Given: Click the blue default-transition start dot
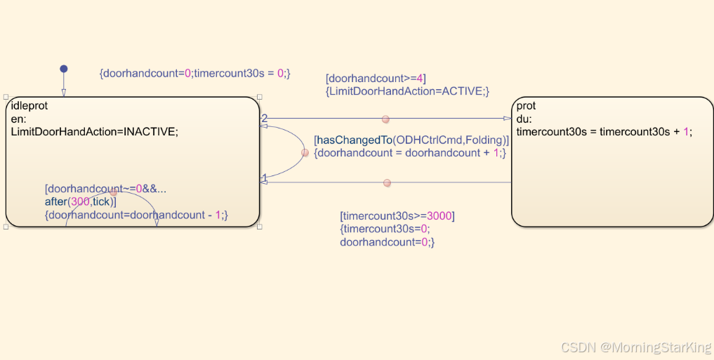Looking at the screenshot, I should click(63, 69).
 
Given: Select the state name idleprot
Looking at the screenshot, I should click(29, 107).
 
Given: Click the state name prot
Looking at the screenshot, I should click(526, 106).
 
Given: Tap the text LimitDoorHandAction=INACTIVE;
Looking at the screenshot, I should click(95, 131).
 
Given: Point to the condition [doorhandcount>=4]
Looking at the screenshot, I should click(376, 79).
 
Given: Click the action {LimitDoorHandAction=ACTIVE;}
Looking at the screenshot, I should click(407, 91).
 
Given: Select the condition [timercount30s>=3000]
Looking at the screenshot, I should click(397, 215).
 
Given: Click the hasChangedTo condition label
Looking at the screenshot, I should click(411, 140).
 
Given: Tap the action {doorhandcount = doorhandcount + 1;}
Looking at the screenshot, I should click(410, 152).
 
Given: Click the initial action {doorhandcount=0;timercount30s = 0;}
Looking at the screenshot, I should click(194, 73).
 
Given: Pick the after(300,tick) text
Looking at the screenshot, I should click(80, 202).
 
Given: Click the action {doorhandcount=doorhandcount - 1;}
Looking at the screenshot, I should click(136, 215).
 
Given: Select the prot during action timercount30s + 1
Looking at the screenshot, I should click(604, 131).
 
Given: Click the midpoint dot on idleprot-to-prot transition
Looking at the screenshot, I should click(385, 119).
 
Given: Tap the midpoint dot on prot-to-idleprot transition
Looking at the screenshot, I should click(387, 182).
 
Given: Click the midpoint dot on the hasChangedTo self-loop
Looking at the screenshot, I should click(305, 152).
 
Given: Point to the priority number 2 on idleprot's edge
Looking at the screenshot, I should click(264, 118).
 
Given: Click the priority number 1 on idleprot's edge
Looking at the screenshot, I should click(264, 177).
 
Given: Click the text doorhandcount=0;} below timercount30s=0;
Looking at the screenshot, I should click(388, 242).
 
